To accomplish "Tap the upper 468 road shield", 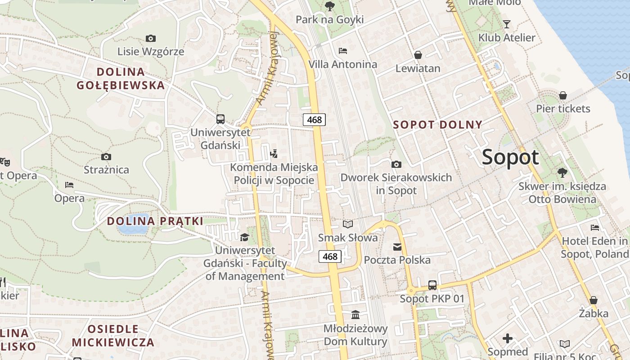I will (314, 119).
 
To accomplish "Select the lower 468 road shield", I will (330, 256).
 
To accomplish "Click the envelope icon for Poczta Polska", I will (397, 247).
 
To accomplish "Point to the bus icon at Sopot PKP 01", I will (432, 285).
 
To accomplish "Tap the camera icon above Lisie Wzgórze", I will (151, 39).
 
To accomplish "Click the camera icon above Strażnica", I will (106, 157).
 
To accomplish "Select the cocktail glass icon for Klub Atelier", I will (507, 24).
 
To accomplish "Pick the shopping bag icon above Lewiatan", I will (418, 55).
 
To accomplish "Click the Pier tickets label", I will (563, 108).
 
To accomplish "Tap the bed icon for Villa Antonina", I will (343, 51).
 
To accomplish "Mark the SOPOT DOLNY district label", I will (437, 125).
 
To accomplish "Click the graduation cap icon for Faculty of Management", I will (244, 237).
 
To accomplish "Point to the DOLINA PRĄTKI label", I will (155, 221).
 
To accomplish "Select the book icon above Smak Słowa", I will (348, 224).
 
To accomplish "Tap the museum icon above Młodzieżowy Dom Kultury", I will (355, 315).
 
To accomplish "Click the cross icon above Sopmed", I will (508, 338).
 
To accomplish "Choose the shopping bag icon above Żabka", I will (594, 300).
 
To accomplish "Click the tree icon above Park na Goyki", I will (330, 6).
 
